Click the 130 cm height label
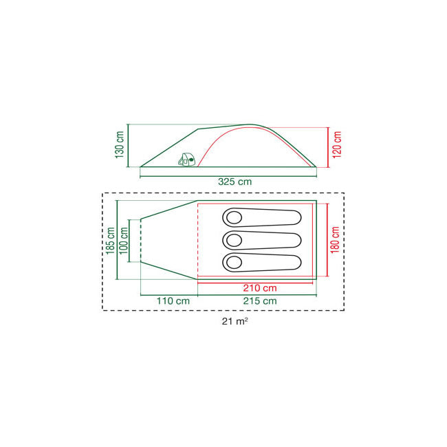pos(120,145)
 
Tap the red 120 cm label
pos(337,145)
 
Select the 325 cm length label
pos(235,182)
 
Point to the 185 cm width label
pos(110,241)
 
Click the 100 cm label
pos(123,241)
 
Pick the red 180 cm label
pos(335,240)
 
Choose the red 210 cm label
pos(260,288)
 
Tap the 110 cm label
pos(173,301)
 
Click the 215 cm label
pos(260,301)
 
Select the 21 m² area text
pos(235,321)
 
